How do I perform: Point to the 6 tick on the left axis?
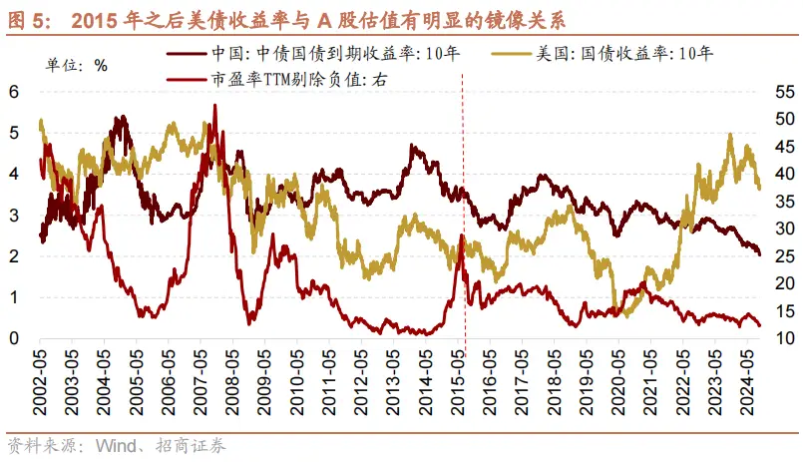(14, 91)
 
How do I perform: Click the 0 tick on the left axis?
(14, 338)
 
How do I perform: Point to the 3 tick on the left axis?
(14, 215)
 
